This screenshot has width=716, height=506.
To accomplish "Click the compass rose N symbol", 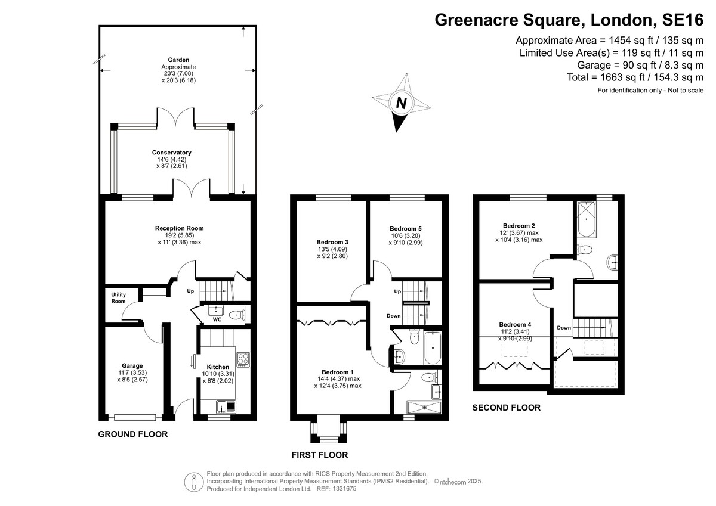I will pyautogui.click(x=402, y=104).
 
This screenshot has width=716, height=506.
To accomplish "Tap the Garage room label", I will pyautogui.click(x=132, y=366).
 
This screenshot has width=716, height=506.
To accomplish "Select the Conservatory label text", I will pyautogui.click(x=180, y=153).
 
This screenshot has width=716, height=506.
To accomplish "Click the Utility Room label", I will pyautogui.click(x=118, y=297).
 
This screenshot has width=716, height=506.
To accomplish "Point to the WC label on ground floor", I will pyautogui.click(x=217, y=320).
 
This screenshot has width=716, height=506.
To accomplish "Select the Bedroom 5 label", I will pyautogui.click(x=406, y=228).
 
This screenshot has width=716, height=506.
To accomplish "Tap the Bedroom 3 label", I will pyautogui.click(x=332, y=242).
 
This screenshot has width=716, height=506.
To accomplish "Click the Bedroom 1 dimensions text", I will pyautogui.click(x=337, y=382).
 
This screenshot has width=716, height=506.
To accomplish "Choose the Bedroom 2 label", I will pyautogui.click(x=519, y=226).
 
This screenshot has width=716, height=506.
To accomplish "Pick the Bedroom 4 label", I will pyautogui.click(x=515, y=325).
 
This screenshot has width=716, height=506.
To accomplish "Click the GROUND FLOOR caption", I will pyautogui.click(x=132, y=434).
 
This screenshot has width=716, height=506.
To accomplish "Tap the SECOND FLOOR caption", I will pyautogui.click(x=506, y=408).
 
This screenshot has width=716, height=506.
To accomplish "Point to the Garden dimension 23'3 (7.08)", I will pyautogui.click(x=178, y=73).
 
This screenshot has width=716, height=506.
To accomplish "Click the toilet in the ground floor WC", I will pyautogui.click(x=236, y=315).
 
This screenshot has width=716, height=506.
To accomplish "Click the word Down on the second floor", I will pyautogui.click(x=564, y=328).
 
